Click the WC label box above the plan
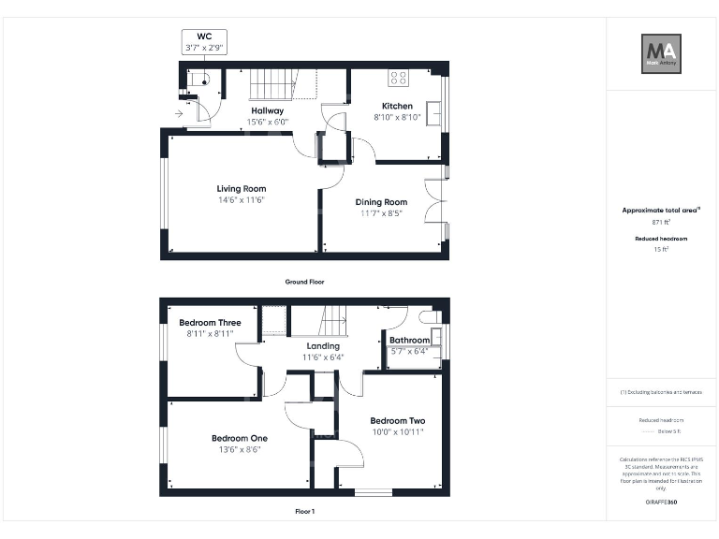(203, 41)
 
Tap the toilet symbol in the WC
(198, 79)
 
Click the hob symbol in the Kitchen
(398, 79)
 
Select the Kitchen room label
(397, 106)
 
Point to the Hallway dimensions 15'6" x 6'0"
(268, 122)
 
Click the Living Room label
(242, 188)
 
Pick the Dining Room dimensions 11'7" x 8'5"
(381, 213)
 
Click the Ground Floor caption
(304, 281)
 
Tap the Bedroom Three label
(210, 323)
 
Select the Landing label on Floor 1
(323, 346)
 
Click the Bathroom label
(410, 341)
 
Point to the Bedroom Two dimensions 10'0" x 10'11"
(397, 432)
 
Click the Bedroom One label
(239, 438)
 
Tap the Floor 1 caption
(304, 512)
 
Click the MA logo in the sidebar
(661, 52)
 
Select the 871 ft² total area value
(661, 223)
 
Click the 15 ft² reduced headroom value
(661, 250)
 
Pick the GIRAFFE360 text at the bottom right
(661, 503)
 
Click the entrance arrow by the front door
(179, 114)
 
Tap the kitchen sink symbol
(434, 110)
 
